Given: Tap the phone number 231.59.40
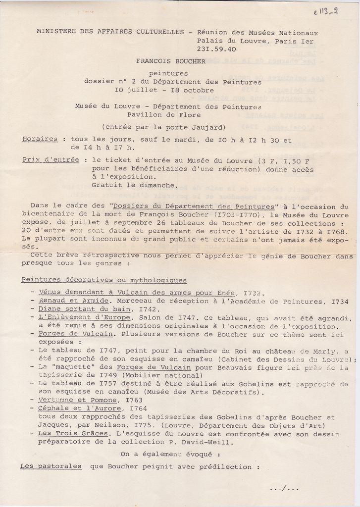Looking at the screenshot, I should click(x=216, y=49).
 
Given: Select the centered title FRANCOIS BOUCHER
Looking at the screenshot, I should click(x=171, y=61).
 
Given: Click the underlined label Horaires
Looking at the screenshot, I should click(x=40, y=139).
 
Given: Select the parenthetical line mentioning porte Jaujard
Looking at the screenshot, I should click(x=163, y=127).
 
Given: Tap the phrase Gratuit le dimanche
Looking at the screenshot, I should click(x=134, y=185).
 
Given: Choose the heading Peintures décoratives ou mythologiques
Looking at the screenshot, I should click(x=103, y=280).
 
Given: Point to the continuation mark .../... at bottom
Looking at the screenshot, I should click(x=284, y=489).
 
